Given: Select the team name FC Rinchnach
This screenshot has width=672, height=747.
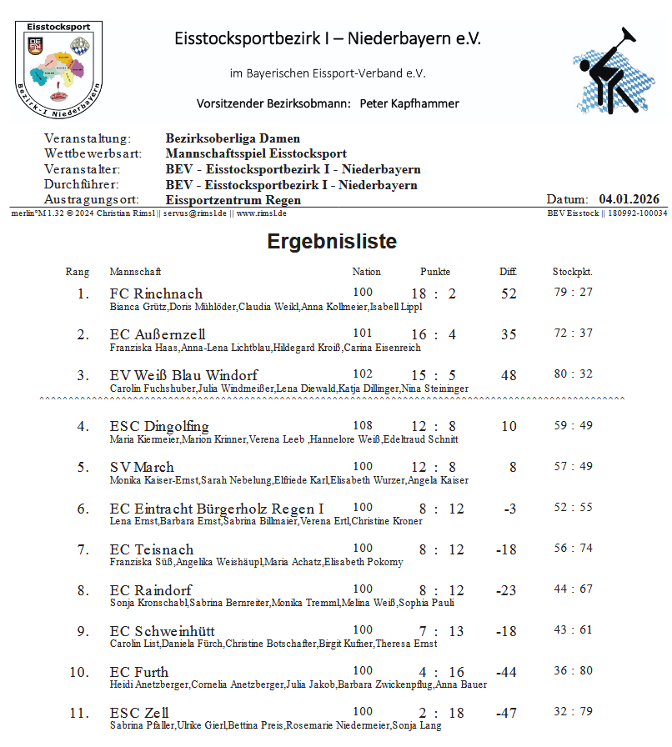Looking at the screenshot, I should (x=156, y=293).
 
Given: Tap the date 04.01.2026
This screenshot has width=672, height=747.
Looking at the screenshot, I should (x=629, y=199).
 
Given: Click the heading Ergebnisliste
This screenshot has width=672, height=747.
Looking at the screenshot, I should (x=332, y=242).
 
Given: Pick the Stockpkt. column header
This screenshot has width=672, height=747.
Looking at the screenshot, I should (x=572, y=272).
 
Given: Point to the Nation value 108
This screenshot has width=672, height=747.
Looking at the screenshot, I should (x=363, y=425).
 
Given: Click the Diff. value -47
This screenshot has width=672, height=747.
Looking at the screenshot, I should (x=506, y=714).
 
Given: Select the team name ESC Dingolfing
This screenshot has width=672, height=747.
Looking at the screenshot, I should (x=159, y=426).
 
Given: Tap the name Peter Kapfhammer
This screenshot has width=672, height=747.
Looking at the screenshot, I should (x=409, y=104).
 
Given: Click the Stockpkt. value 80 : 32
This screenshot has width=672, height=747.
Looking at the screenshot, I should (x=573, y=374).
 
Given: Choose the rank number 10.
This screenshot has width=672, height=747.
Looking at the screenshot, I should (x=79, y=672).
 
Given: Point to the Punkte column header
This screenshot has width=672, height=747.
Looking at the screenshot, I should (x=435, y=272).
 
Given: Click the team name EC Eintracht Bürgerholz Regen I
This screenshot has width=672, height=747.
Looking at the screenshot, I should (x=217, y=509).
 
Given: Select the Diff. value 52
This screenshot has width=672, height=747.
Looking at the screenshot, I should (x=509, y=293).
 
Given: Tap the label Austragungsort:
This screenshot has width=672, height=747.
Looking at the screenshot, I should (x=93, y=200).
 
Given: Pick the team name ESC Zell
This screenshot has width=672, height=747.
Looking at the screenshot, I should (x=139, y=713).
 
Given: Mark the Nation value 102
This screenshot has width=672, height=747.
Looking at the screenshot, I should (x=363, y=374).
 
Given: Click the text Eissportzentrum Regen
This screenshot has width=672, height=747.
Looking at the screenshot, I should (x=233, y=200).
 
